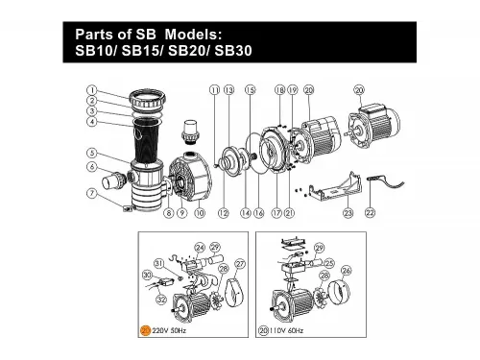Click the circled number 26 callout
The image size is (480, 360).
coord(347,270)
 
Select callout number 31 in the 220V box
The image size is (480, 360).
coord(158,262)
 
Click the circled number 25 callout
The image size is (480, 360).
coord(328,261)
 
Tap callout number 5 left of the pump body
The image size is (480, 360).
coord(88,153)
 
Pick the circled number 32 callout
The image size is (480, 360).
coord(161,300)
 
